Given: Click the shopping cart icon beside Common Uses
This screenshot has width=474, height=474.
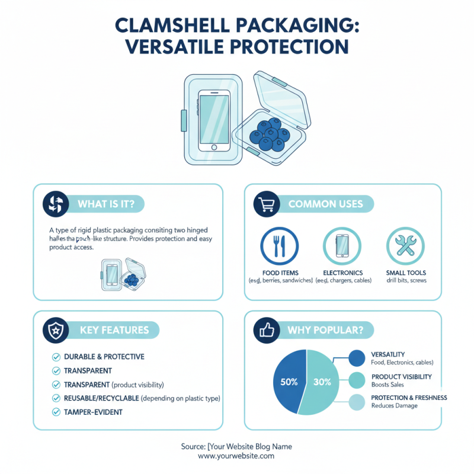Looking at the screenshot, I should pos(266,204).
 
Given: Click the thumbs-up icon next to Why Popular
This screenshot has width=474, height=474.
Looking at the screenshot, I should pos(265,330).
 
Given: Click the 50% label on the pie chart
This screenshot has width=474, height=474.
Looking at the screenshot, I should pos(289,382).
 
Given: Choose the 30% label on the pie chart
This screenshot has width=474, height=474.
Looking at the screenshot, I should pos(322,382).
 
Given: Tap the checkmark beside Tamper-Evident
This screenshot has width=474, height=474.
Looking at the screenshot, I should pos(56,412).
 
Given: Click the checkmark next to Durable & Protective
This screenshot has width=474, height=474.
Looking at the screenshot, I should pos(56,357).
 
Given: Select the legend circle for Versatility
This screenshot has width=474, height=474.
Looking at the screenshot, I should pos(357,358).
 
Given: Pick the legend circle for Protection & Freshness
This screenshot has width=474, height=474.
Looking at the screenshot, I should pos(357,402).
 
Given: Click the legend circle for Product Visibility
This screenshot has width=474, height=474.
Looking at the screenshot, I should pos(357,380).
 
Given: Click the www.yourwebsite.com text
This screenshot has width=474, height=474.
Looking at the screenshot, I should pos(236,457).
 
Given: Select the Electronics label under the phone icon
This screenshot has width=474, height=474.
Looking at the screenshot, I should pos(342,273).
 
